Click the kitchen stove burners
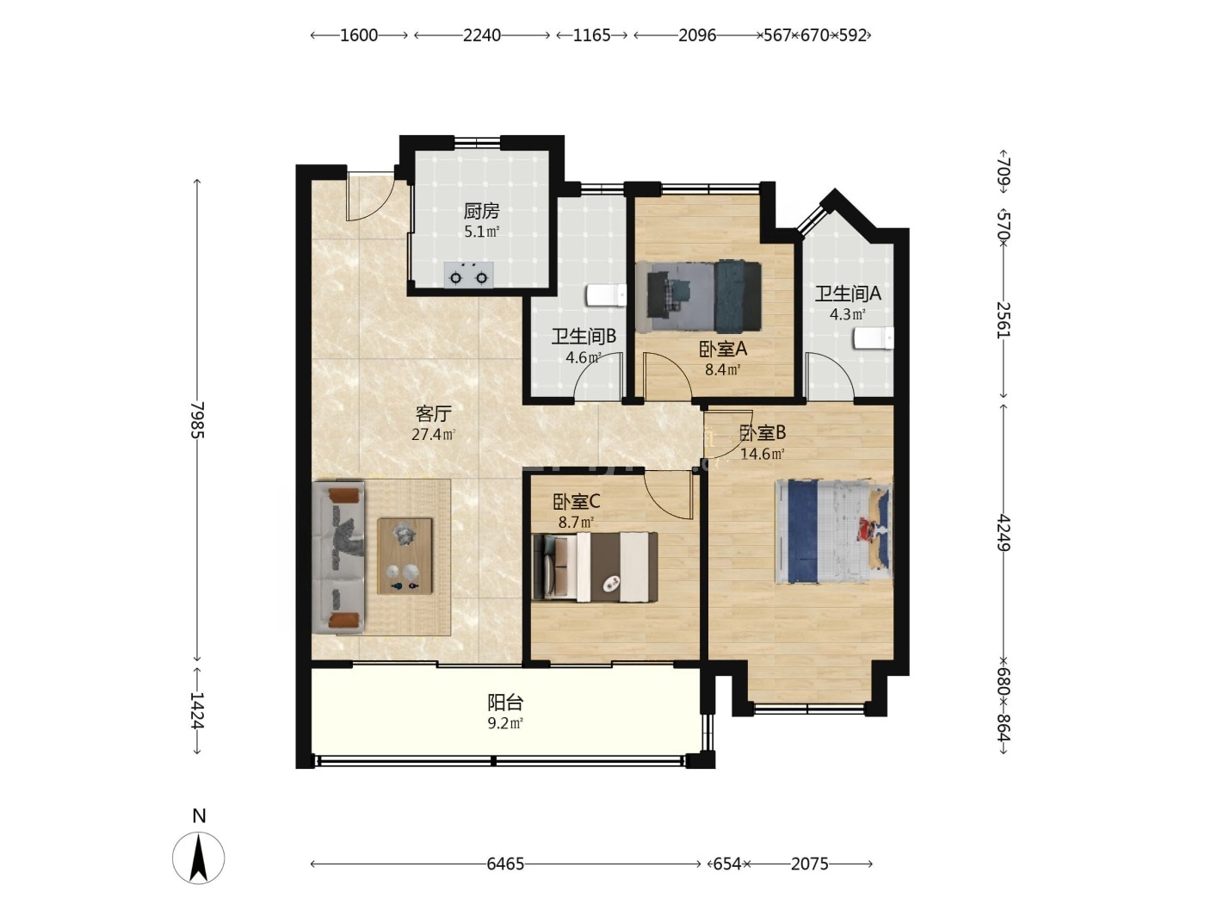point(468,275)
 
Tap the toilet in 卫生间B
point(606,295)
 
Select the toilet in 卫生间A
point(873,337)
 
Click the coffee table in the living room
point(405,555)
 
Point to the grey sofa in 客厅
point(338,558)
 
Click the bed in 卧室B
point(833,531)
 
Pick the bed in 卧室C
point(596,567)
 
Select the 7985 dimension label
point(197,420)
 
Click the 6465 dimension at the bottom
point(505,864)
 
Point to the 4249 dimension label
point(1004,532)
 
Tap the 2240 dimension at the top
point(481,35)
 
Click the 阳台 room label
point(505,703)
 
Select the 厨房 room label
point(481,211)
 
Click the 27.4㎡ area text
point(434,435)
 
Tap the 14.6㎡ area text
point(762,454)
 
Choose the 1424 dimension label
point(197,710)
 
